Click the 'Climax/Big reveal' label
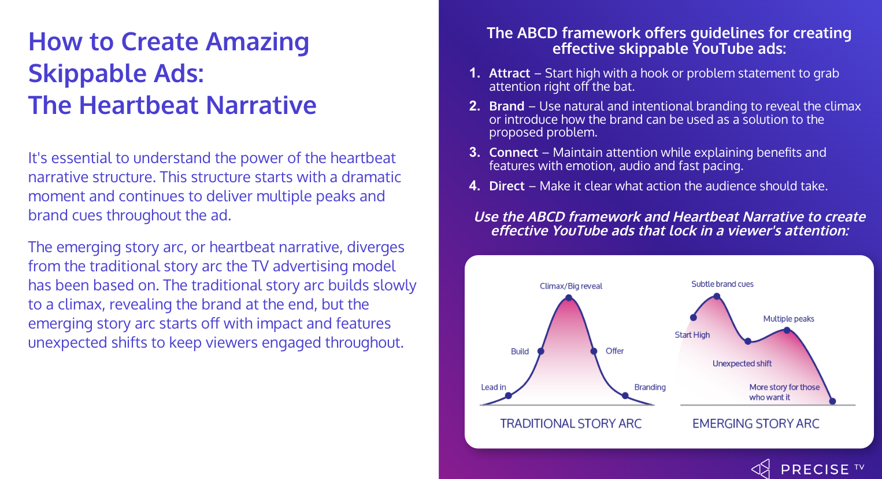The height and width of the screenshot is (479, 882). point(570,286)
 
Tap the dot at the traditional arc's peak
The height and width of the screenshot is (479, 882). point(569,298)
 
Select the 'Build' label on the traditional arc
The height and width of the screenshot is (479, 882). point(520,351)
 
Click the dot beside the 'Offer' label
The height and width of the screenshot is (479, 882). point(594,351)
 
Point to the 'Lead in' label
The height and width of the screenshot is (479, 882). point(494,387)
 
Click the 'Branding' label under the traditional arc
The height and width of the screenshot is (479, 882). point(650,387)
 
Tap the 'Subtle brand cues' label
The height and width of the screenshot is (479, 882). point(722,284)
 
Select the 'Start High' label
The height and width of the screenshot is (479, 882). point(692,335)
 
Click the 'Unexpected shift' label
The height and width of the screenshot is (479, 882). point(742,363)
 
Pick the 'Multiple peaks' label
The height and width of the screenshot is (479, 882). point(788,319)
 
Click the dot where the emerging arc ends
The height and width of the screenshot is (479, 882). point(832,401)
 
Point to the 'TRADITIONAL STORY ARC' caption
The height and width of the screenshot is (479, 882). point(570,423)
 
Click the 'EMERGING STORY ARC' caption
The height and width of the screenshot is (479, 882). point(755,423)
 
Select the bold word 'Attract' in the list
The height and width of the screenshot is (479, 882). point(510,73)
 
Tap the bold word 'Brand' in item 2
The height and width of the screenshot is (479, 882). point(507,106)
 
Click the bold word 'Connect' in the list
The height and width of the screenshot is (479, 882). point(513,153)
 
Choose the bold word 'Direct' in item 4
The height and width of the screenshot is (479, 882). point(507,186)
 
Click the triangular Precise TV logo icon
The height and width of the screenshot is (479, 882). point(761,469)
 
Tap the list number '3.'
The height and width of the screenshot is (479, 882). point(475,153)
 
